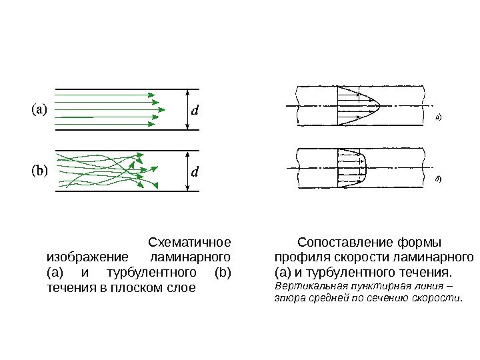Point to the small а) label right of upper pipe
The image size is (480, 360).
pos(439,118)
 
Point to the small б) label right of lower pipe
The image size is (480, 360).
pos(439,179)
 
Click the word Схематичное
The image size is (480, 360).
pos(189,241)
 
